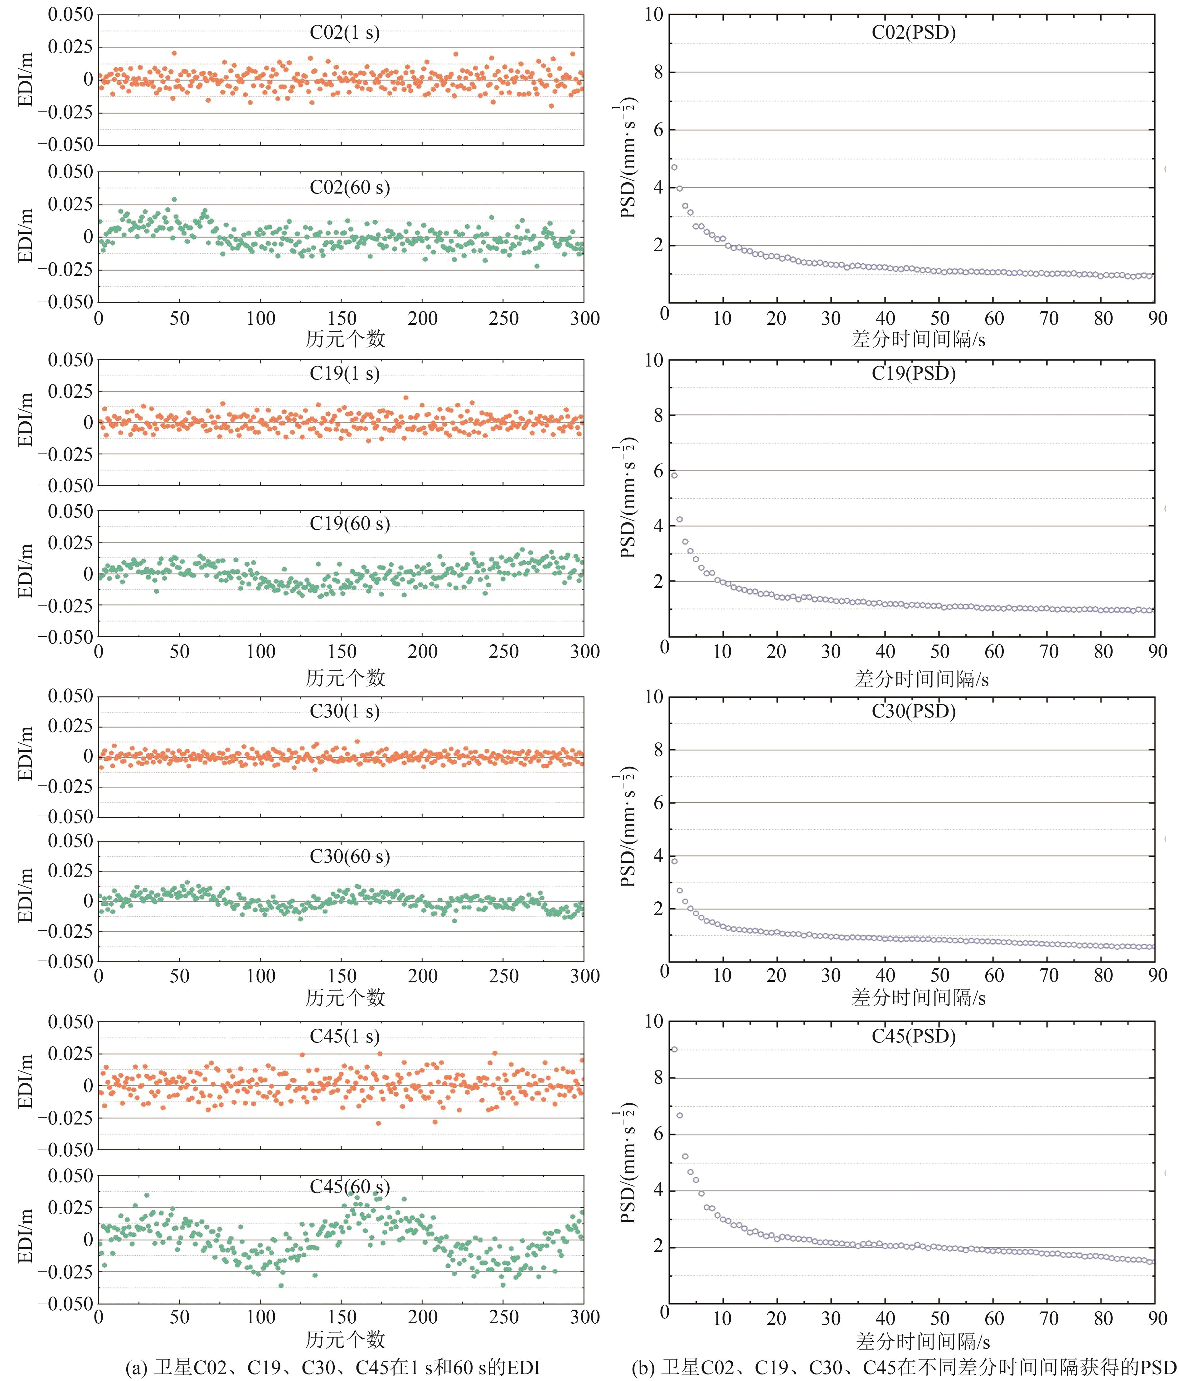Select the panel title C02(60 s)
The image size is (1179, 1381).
349,187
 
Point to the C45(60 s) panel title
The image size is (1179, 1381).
349,1187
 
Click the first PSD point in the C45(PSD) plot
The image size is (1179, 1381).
674,1049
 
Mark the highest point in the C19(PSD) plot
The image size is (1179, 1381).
674,475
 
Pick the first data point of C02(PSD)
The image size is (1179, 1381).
674,167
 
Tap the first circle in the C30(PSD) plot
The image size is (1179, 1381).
674,861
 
